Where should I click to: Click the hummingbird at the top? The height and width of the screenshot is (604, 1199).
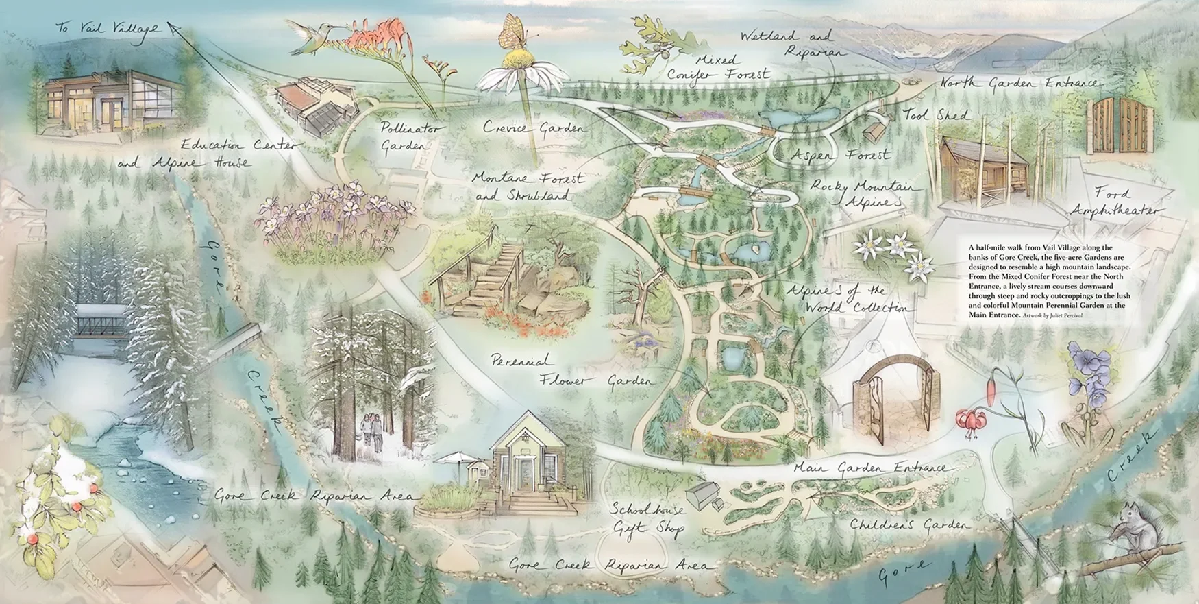coord(312,34)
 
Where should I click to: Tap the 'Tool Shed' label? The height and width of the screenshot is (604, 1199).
coord(936,114)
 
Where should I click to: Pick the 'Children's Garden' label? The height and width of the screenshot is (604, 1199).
coord(909,525)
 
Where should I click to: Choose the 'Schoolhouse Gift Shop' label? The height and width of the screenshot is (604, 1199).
coord(647,519)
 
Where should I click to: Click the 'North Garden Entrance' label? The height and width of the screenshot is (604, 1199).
coord(1019,83)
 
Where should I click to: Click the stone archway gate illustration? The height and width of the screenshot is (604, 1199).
coord(895,398)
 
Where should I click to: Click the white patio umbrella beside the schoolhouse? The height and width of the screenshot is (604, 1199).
coord(458,457)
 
